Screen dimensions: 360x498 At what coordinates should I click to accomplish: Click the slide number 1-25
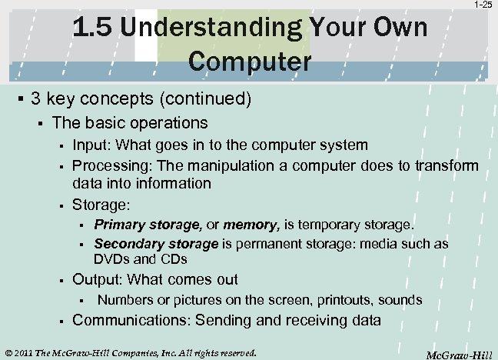tap(482, 5)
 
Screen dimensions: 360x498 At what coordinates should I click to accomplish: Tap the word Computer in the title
tap(248, 61)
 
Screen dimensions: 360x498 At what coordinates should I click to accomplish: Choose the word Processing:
tap(108, 165)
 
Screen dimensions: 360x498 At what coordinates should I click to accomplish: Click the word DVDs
tap(110, 259)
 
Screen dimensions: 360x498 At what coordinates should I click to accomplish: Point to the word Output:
tap(98, 279)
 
